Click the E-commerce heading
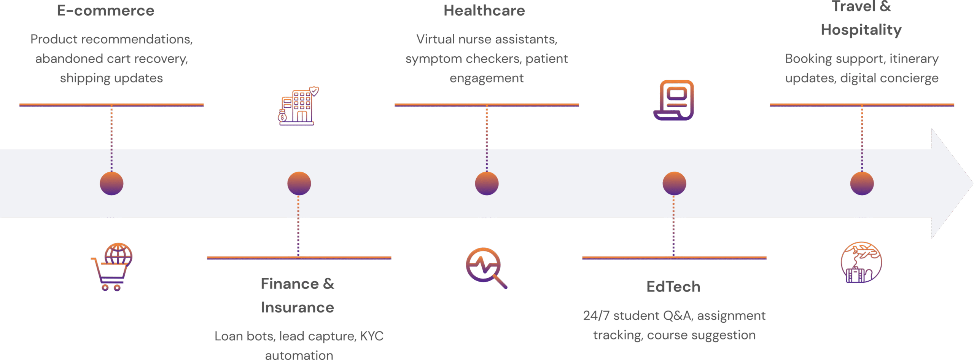105,11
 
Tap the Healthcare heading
484,11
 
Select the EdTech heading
673,287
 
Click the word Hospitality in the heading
861,30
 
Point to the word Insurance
298,307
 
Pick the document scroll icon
674,100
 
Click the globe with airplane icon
861,262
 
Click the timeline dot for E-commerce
111,183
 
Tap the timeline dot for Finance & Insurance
299,183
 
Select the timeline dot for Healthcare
487,183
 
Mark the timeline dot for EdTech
674,183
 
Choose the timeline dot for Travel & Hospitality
862,183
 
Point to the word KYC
371,336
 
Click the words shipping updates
111,78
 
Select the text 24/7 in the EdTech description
596,315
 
